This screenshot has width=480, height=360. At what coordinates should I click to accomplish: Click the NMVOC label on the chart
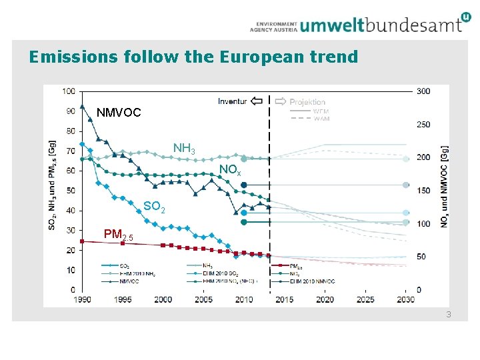119,113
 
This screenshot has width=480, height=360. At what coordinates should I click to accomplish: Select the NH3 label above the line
184,148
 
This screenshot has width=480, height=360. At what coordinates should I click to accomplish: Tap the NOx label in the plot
229,171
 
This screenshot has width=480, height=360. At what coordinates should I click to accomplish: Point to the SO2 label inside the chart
154,207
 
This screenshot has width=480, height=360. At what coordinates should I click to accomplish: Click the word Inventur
232,101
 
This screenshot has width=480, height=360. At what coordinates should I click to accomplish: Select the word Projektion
307,102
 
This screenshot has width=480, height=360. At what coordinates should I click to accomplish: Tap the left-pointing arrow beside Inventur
257,101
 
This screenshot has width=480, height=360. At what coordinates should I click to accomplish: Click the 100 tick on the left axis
69,91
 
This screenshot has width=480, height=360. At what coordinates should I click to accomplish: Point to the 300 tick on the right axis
423,91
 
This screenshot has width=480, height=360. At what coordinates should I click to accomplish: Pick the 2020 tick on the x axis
325,299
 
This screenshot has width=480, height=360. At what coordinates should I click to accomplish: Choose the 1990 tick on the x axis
82,299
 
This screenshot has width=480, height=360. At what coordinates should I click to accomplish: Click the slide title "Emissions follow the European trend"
193,57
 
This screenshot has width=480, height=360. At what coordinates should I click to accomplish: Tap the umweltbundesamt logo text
380,25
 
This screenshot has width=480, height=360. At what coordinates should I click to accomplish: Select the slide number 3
449,313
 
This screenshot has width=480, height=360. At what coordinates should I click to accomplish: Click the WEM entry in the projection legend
321,111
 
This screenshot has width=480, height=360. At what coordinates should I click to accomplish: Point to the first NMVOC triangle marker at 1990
82,106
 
